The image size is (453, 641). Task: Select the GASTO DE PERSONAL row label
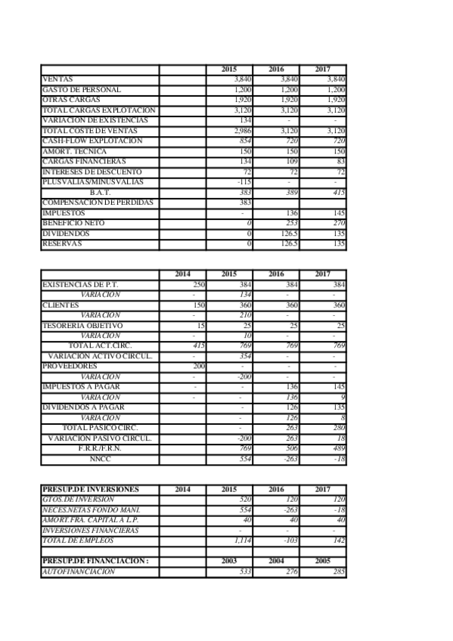pyautogui.click(x=82, y=90)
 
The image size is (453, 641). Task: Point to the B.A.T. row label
pyautogui.click(x=100, y=193)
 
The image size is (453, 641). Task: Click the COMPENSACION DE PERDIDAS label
pyautogui.click(x=98, y=203)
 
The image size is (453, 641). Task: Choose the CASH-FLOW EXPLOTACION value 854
pyautogui.click(x=244, y=141)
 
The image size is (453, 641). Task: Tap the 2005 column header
pyautogui.click(x=323, y=562)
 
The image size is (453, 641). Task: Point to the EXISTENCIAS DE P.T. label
pyautogui.click(x=81, y=284)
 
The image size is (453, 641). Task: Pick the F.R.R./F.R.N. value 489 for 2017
pyautogui.click(x=338, y=448)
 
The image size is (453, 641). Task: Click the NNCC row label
pyautogui.click(x=100, y=458)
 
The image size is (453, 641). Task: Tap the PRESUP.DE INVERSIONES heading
pyautogui.click(x=88, y=489)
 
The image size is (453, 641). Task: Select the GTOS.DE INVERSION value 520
pyautogui.click(x=244, y=500)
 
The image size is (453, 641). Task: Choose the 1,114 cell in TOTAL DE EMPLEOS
pyautogui.click(x=242, y=540)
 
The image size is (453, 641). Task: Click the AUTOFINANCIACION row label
pyautogui.click(x=79, y=572)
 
